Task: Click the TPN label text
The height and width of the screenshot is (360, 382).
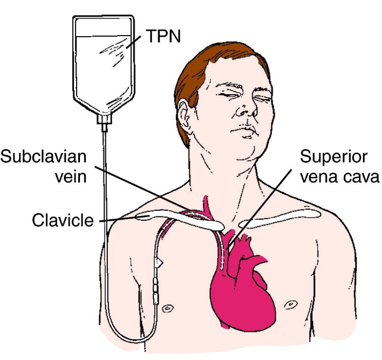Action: point(163,36)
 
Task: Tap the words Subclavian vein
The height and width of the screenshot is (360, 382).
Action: point(44,167)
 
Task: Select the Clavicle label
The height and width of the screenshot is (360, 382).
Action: point(63,220)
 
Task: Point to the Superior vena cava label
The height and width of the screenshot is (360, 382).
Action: point(340,167)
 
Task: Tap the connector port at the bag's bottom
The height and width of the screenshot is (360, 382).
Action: point(105,122)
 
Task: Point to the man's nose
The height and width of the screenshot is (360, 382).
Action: point(246,109)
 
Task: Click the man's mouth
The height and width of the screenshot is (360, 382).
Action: point(244,131)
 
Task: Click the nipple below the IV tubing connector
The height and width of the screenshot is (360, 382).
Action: point(167,308)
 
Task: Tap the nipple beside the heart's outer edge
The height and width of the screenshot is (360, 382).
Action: point(291,305)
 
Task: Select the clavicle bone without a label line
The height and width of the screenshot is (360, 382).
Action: point(280,218)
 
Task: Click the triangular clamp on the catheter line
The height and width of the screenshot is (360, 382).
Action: point(158,263)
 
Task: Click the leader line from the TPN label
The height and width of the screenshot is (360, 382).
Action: point(133,42)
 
